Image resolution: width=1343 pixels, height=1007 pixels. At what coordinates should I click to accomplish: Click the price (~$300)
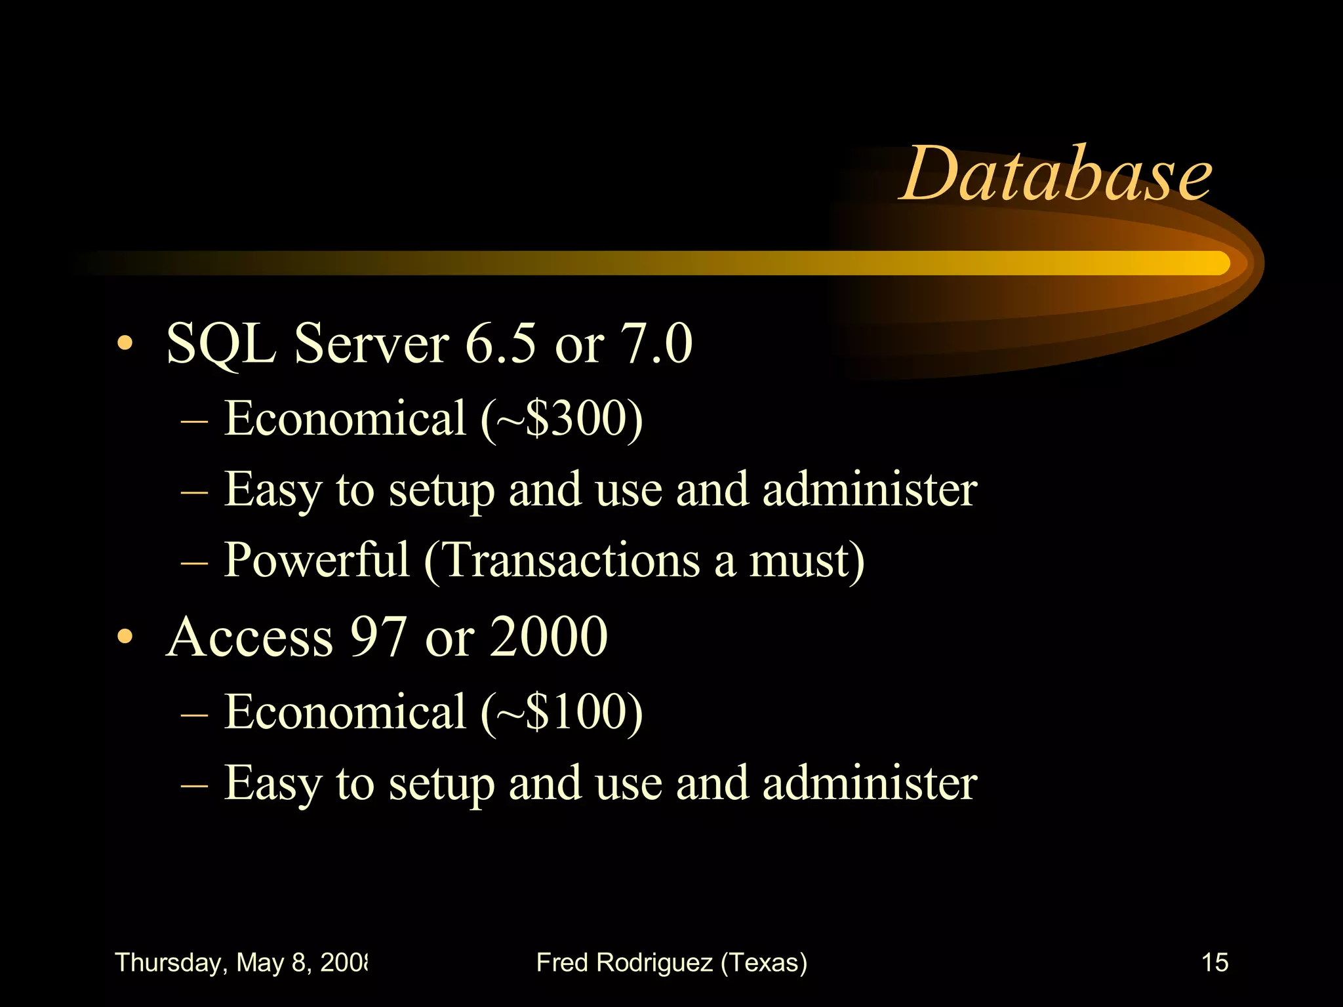[561, 419]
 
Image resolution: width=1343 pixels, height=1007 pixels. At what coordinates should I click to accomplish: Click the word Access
[250, 637]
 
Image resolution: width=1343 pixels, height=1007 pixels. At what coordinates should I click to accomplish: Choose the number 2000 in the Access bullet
[549, 637]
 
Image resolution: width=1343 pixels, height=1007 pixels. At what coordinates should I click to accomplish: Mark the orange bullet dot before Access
[125, 637]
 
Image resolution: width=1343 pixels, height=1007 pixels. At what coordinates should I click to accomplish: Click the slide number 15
[1214, 962]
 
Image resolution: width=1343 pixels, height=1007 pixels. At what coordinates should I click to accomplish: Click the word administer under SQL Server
[870, 490]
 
